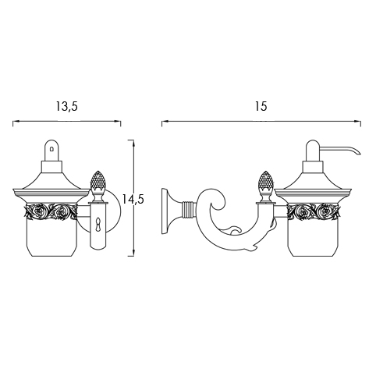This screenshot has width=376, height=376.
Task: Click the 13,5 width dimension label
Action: tap(67, 107)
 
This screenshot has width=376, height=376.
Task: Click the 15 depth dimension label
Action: tap(261, 106)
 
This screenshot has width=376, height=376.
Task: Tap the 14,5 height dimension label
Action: tap(133, 200)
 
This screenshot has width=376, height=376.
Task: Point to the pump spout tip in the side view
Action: tap(359, 153)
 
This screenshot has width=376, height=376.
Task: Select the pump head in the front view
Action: tap(52, 151)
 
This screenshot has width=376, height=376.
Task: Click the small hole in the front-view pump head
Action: tap(52, 149)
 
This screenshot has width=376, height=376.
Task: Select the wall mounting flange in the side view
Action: tap(167, 211)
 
